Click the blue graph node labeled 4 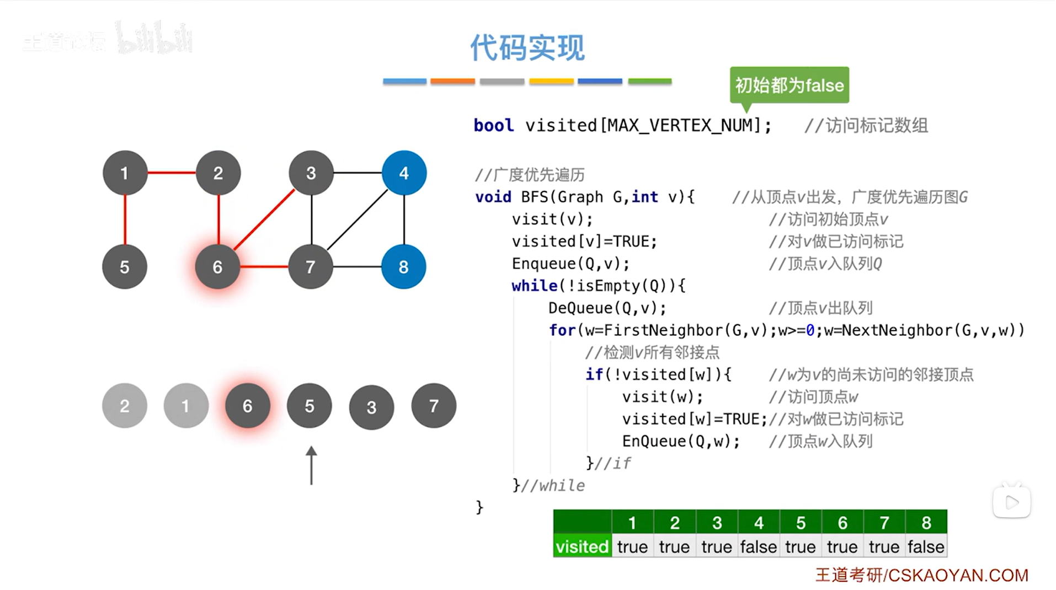pos(404,173)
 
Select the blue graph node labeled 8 pos(403,267)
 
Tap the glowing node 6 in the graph pos(218,267)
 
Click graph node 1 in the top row pos(125,173)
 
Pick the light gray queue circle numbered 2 pos(125,406)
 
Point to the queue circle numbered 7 pos(434,406)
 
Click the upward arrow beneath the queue pos(311,465)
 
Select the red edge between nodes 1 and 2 pos(172,173)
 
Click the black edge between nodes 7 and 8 pos(357,267)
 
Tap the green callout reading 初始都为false pos(789,85)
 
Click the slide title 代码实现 pos(527,47)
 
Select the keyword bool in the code pos(493,126)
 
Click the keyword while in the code pos(534,286)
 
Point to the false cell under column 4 pos(758,546)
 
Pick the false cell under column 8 pos(926,546)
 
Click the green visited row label pos(582,546)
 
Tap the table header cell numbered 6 pos(842,522)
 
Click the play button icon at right pos(1012,502)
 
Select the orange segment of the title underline pos(452,81)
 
